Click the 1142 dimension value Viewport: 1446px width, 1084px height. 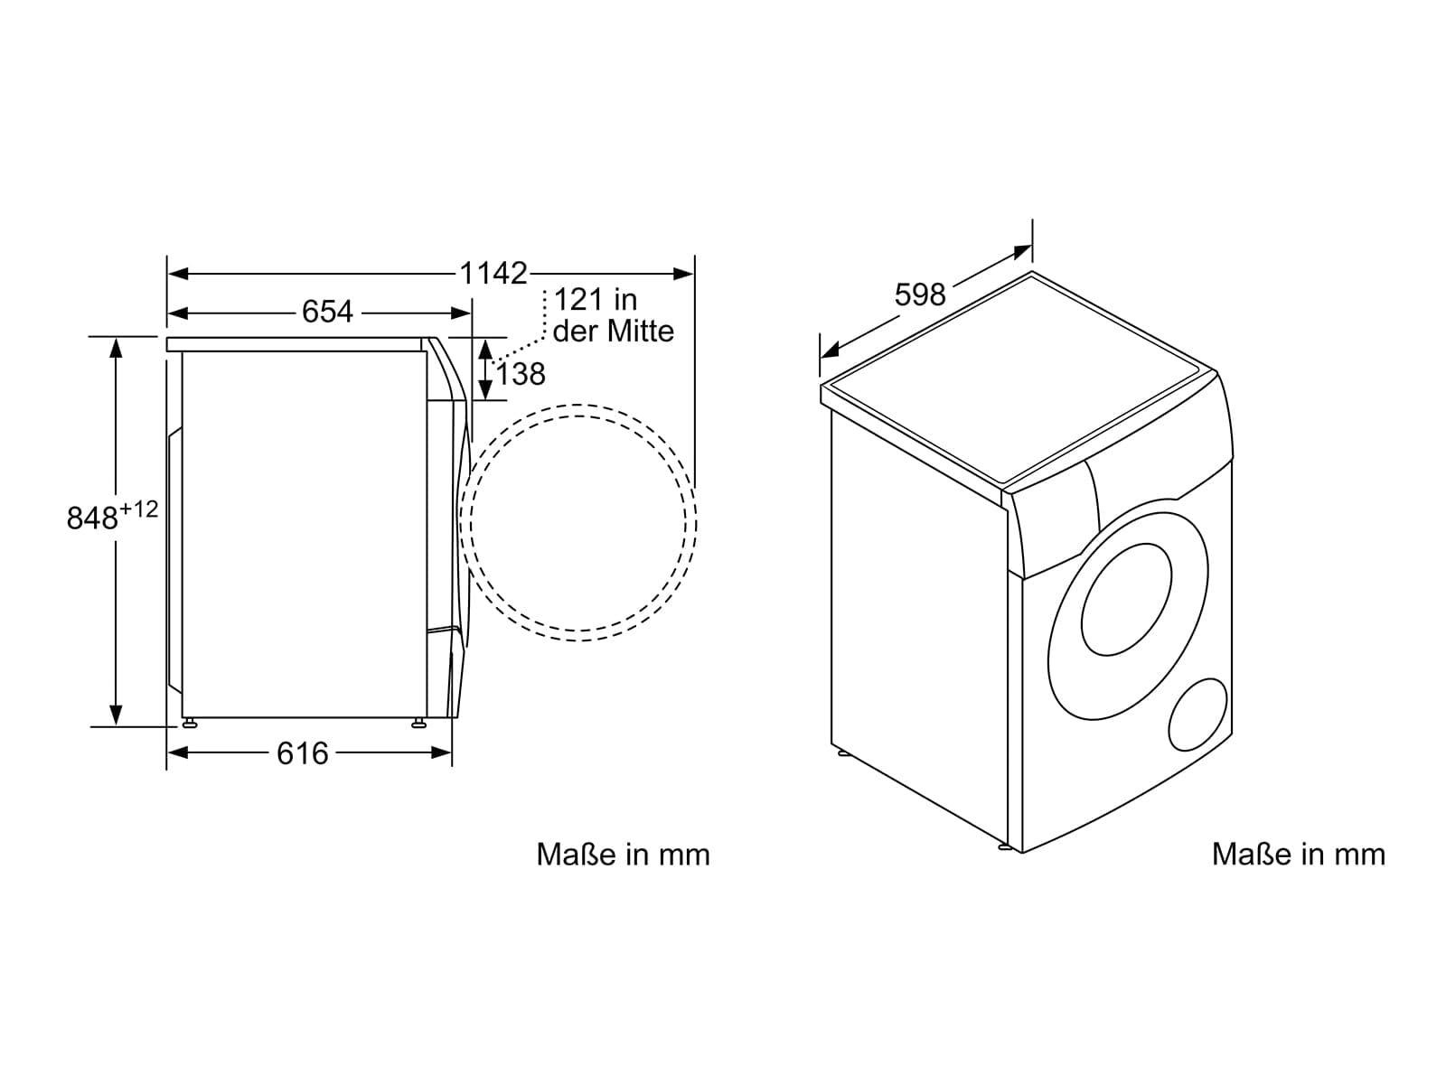point(493,273)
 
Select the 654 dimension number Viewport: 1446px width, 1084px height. point(327,312)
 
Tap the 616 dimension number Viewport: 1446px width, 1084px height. point(303,753)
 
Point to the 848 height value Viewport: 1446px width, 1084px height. point(92,518)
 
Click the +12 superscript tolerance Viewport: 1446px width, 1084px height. point(139,509)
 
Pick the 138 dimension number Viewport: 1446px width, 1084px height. point(521,375)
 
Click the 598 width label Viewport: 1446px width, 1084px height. point(920,294)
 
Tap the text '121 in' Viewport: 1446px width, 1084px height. point(596,300)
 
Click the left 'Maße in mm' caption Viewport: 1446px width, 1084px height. point(624,855)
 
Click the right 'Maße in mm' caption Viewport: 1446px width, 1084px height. point(1299,855)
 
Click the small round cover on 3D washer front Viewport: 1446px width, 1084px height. point(1197,715)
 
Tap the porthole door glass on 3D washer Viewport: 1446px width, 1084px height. point(1126,600)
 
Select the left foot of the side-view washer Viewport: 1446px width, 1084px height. point(190,723)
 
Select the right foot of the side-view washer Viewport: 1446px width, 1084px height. point(418,723)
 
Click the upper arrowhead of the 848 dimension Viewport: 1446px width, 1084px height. point(116,348)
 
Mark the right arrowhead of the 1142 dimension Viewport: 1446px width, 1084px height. point(684,274)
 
